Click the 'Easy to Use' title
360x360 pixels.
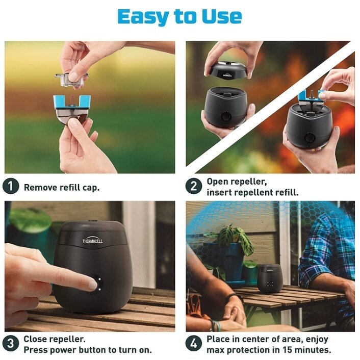tap(180, 17)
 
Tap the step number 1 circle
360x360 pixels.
tap(11, 186)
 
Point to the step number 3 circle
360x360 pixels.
tap(11, 344)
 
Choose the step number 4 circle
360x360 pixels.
tap(194, 344)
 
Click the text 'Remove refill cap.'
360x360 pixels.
tap(62, 188)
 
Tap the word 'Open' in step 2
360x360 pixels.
tap(217, 182)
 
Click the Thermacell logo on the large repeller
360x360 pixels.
tap(92, 241)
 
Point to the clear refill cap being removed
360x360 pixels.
tap(71, 80)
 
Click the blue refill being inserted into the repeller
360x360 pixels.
tap(312, 96)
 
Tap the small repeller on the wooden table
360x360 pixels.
tap(269, 278)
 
